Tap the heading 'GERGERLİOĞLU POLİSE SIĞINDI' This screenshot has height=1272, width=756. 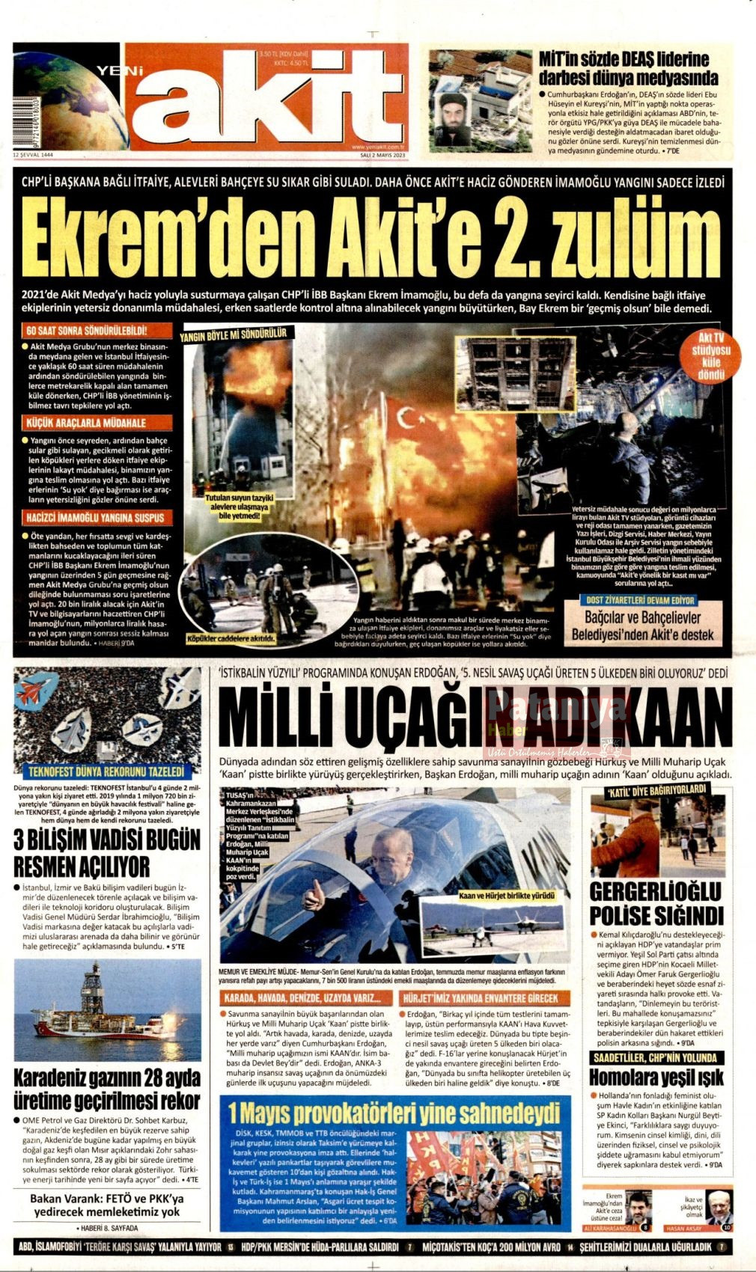tap(656, 903)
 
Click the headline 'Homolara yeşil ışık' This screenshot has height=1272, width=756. tap(656, 1077)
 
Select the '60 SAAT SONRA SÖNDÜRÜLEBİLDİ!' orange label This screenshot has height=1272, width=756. tap(86, 331)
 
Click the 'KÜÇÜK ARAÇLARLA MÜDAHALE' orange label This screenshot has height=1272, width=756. tap(86, 424)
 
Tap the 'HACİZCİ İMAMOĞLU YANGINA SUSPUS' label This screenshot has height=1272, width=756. tap(94, 518)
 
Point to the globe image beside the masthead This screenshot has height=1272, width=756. tap(67, 97)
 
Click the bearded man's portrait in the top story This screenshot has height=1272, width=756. tap(454, 120)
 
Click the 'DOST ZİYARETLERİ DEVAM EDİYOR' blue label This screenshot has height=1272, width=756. tap(641, 600)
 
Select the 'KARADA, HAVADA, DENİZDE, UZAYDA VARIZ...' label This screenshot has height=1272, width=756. tap(306, 998)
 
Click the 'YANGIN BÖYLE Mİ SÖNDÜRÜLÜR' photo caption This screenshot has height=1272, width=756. tap(243, 335)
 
